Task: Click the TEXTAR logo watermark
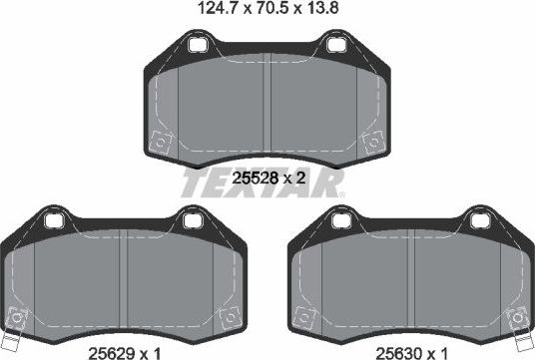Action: [262, 183]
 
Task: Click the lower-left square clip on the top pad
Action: [157, 142]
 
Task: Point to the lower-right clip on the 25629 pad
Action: [227, 316]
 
